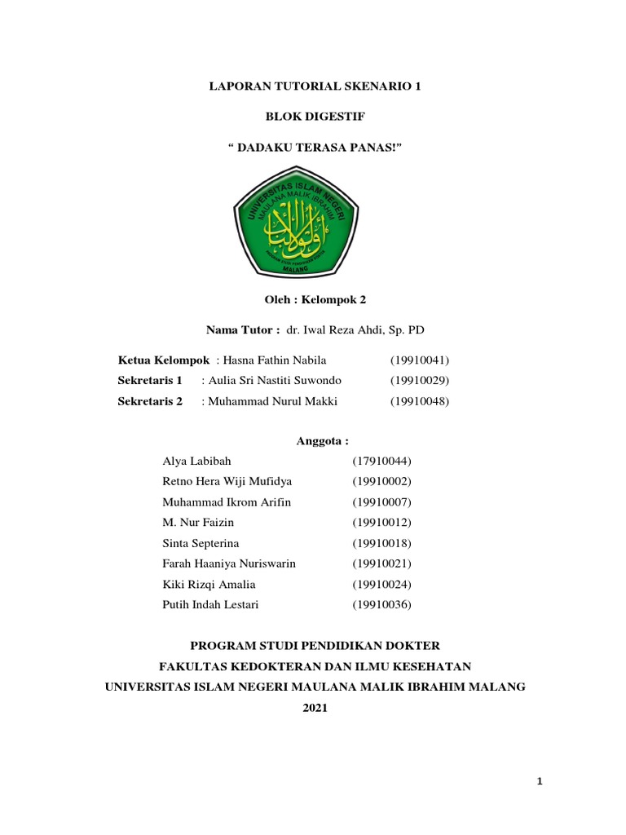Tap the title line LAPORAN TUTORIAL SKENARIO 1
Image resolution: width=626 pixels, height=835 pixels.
pyautogui.click(x=315, y=86)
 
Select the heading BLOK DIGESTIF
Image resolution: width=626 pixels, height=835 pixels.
pyautogui.click(x=315, y=116)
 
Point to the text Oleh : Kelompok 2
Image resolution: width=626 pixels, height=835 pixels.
pyautogui.click(x=315, y=299)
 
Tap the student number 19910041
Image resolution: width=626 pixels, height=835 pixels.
pyautogui.click(x=420, y=360)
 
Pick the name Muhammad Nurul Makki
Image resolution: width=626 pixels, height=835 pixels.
pyautogui.click(x=273, y=401)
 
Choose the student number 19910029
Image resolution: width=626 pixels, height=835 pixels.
pyautogui.click(x=420, y=380)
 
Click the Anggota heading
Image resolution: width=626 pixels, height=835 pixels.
pyautogui.click(x=321, y=441)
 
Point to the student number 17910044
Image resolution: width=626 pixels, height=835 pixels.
pyautogui.click(x=382, y=462)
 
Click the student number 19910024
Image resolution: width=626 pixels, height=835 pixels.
pyautogui.click(x=382, y=585)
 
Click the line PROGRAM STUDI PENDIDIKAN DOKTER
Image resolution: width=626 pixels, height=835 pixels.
pyautogui.click(x=315, y=645)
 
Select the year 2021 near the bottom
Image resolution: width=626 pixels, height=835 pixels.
pyautogui.click(x=315, y=709)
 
